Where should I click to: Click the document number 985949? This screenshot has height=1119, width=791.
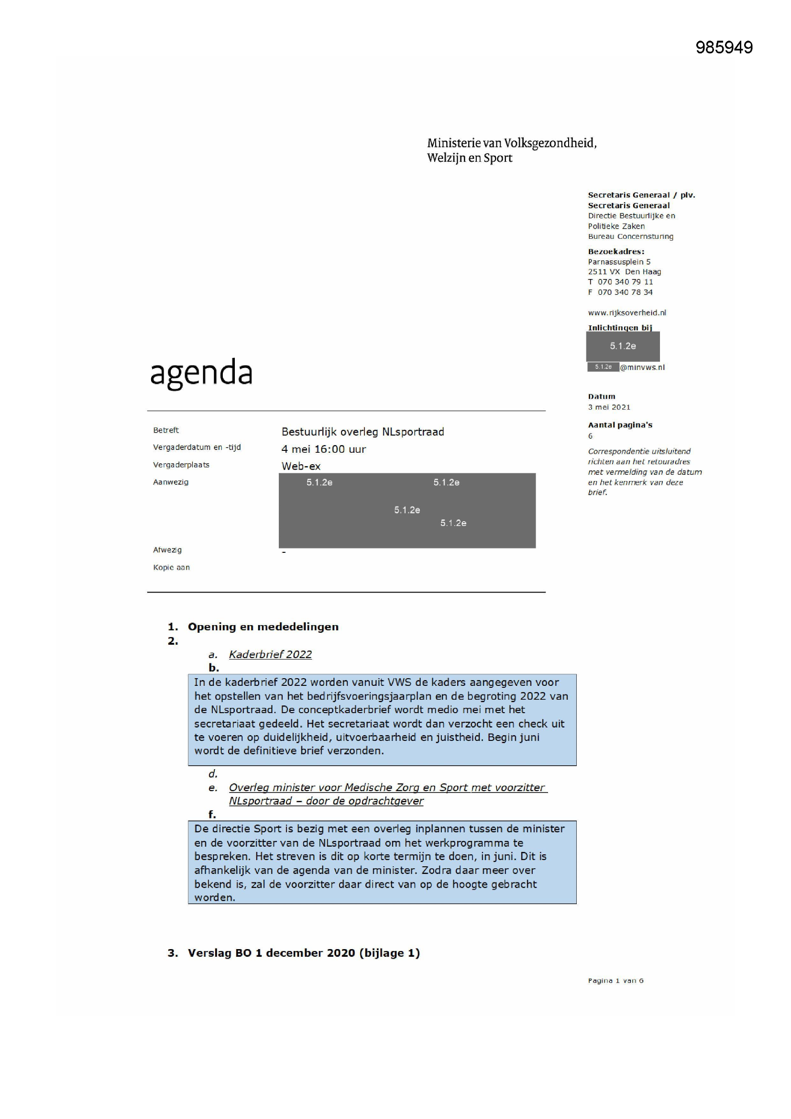(x=724, y=47)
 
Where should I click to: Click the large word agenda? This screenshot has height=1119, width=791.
(x=201, y=373)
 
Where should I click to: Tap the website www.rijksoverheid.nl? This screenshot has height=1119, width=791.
(x=627, y=313)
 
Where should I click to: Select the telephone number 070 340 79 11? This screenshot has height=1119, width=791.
(x=625, y=282)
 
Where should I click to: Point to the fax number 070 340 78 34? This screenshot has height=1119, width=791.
(x=625, y=292)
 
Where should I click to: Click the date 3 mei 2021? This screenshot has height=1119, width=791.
(x=609, y=407)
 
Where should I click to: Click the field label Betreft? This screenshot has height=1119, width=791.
(x=165, y=430)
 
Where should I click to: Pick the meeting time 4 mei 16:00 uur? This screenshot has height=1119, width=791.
(x=323, y=449)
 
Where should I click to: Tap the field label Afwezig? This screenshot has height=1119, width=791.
(x=167, y=550)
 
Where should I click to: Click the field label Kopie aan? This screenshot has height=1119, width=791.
(x=172, y=567)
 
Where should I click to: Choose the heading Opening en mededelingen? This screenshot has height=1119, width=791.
(x=263, y=627)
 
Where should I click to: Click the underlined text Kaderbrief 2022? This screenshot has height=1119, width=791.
(x=270, y=655)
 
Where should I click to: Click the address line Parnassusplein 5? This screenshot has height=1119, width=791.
(x=619, y=262)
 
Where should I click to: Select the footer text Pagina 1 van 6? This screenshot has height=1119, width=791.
(x=615, y=981)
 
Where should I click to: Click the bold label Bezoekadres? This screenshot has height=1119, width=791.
(x=616, y=251)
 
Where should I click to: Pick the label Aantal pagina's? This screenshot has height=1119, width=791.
(x=620, y=425)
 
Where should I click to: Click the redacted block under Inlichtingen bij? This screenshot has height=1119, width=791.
(x=623, y=346)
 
